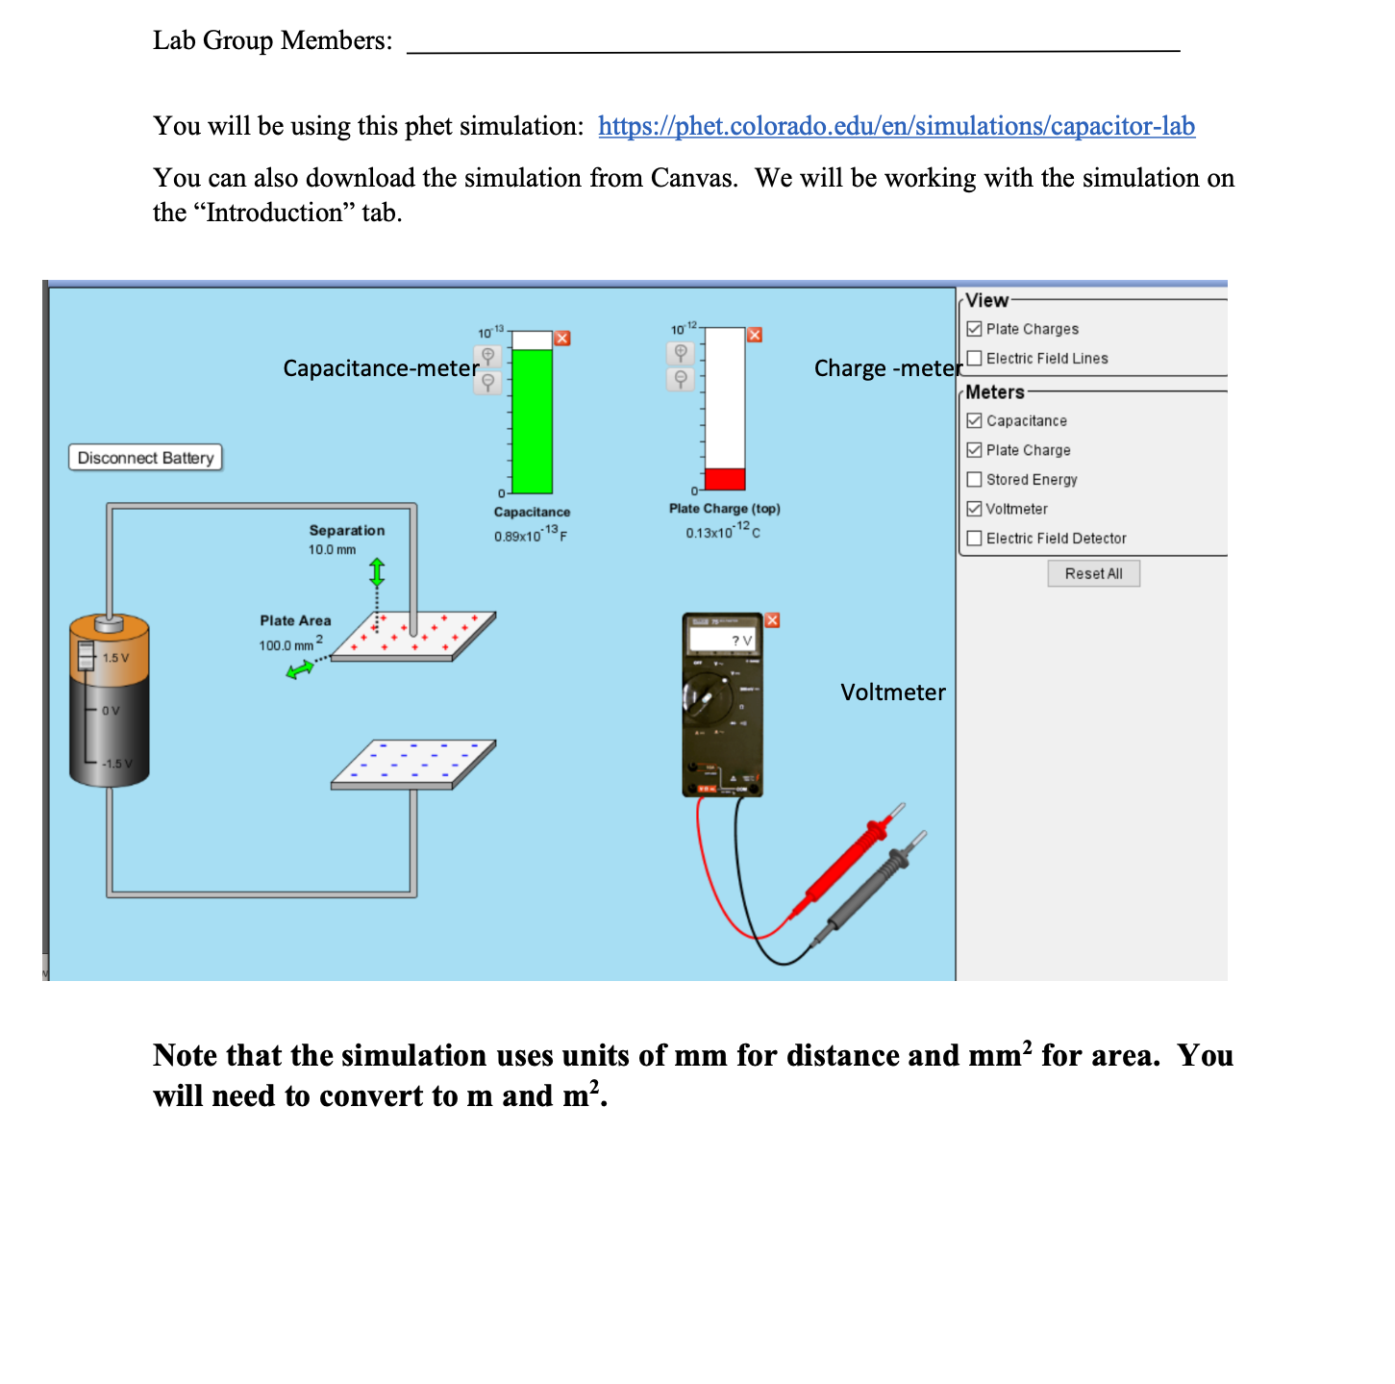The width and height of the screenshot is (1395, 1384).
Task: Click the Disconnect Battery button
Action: (145, 458)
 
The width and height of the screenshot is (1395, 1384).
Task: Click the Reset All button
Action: (1093, 574)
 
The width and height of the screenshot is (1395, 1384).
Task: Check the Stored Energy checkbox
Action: (974, 480)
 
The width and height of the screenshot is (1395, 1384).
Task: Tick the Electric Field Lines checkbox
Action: (974, 359)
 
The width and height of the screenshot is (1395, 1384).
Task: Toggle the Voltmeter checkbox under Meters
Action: (974, 509)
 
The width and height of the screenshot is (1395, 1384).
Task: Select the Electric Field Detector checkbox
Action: (974, 539)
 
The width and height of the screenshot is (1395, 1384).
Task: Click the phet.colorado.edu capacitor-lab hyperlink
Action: (896, 126)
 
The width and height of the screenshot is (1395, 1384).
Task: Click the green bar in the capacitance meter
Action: (532, 421)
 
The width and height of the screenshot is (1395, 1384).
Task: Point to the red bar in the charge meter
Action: (725, 479)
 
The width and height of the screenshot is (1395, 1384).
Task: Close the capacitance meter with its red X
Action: (562, 339)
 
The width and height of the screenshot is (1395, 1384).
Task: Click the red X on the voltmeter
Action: (772, 620)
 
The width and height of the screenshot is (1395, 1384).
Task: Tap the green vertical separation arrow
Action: (377, 573)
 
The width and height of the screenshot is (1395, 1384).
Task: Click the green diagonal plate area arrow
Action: (300, 668)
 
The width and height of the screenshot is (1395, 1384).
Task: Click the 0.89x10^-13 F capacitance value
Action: (530, 535)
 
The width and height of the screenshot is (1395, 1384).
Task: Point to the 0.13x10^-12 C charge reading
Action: (722, 531)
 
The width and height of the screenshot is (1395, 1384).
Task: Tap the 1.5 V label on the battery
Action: (115, 658)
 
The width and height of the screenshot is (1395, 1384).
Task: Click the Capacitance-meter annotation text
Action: (381, 368)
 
